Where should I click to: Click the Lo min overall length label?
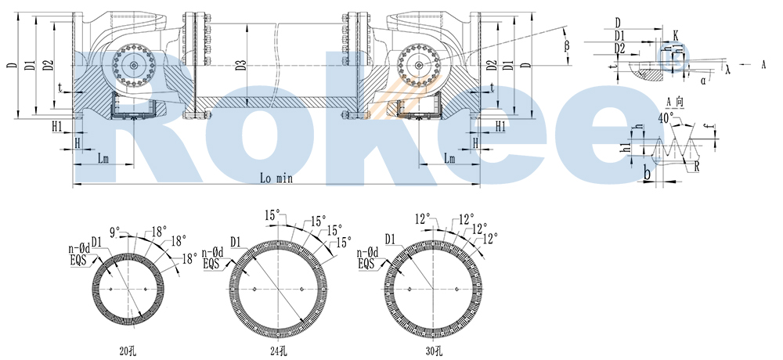(276, 178)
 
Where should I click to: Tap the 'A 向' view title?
(675, 102)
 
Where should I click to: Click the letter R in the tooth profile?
(697, 167)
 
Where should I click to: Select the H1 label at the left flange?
(57, 126)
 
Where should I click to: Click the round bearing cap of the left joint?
(135, 66)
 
